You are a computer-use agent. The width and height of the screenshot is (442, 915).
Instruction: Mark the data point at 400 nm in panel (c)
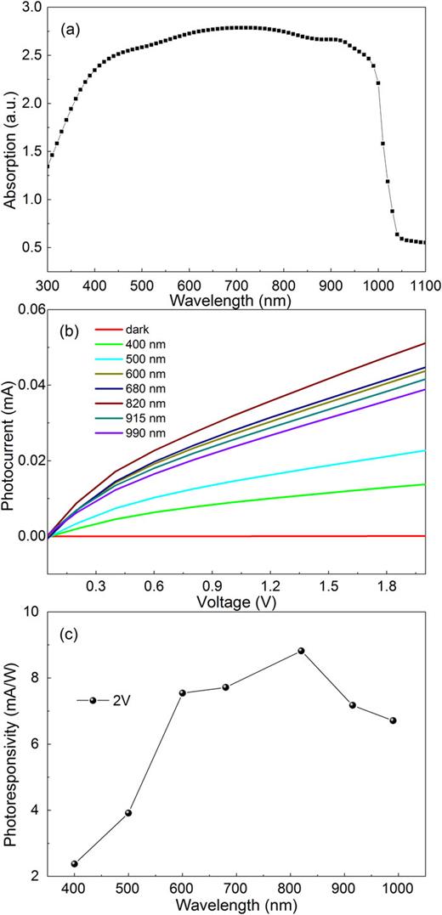point(75,863)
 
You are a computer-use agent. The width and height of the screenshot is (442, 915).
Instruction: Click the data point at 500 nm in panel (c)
point(128,813)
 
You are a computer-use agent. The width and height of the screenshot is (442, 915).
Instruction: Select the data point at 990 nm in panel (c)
point(393,720)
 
